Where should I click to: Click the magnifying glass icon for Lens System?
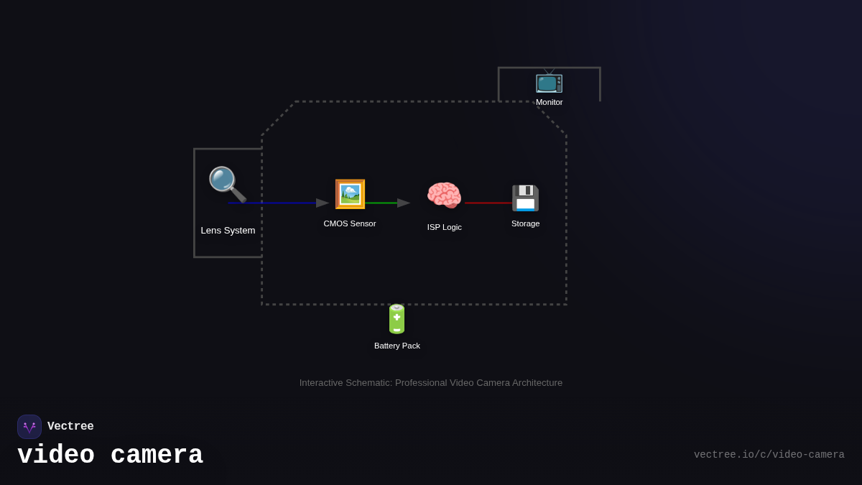click(x=227, y=184)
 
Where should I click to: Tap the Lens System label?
click(x=228, y=231)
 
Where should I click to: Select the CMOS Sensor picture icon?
click(x=350, y=194)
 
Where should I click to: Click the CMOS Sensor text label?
click(x=350, y=223)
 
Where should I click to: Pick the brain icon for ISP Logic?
click(x=444, y=195)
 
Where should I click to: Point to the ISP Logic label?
click(x=445, y=227)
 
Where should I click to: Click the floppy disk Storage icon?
click(x=525, y=198)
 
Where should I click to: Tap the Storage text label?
click(x=526, y=223)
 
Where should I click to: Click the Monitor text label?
click(x=550, y=102)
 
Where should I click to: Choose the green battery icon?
click(x=397, y=319)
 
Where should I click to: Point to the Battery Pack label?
click(x=397, y=346)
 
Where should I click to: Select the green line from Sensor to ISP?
click(x=381, y=203)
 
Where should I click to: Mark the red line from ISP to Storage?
click(x=488, y=203)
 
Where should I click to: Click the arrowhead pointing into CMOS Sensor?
click(x=323, y=203)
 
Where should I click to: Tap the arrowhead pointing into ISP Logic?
click(x=404, y=203)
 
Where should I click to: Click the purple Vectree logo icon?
click(x=29, y=427)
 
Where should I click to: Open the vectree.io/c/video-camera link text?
click(x=769, y=455)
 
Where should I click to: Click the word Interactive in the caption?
click(x=323, y=383)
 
